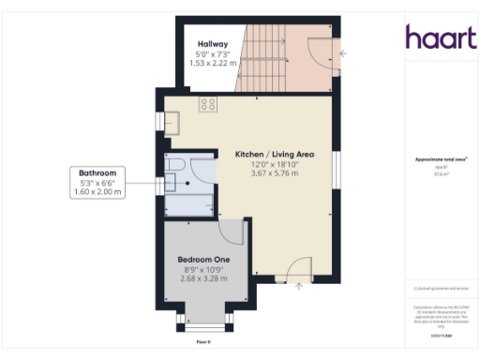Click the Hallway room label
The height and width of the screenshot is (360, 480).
tap(208, 44)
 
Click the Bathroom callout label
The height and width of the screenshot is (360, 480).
tap(97, 173)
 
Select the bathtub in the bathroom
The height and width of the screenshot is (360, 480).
tap(188, 203)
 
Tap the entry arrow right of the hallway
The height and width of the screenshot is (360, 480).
tap(344, 53)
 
